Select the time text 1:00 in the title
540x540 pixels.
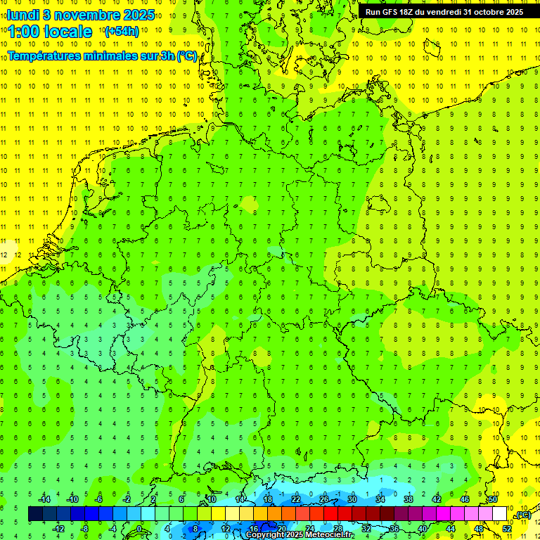pos(24,32)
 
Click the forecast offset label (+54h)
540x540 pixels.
pos(121,32)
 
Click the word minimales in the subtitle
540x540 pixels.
pos(110,56)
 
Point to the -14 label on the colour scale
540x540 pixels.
pos(45,499)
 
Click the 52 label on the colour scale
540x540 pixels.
pos(507,529)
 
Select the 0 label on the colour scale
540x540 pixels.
pos(139,529)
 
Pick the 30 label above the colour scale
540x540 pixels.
pos(352,499)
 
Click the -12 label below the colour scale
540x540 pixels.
pos(58,529)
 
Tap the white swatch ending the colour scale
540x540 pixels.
pos(499,514)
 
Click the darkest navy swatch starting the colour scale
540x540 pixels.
pos(35,514)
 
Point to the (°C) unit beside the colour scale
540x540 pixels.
pos(522,515)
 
